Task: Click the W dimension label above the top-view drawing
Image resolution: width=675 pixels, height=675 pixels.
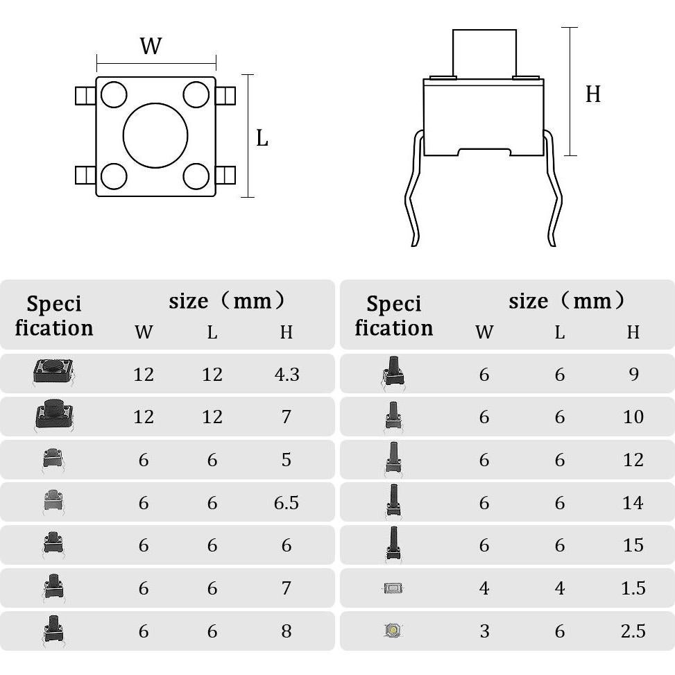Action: (x=151, y=46)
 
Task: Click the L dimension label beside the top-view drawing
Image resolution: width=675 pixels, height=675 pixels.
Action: (x=262, y=138)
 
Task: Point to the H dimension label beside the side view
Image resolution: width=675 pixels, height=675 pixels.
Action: (x=592, y=94)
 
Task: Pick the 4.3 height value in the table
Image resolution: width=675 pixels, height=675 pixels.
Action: (x=287, y=375)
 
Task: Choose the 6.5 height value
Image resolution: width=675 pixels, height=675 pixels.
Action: (x=287, y=503)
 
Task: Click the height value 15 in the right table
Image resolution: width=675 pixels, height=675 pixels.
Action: (x=633, y=545)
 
